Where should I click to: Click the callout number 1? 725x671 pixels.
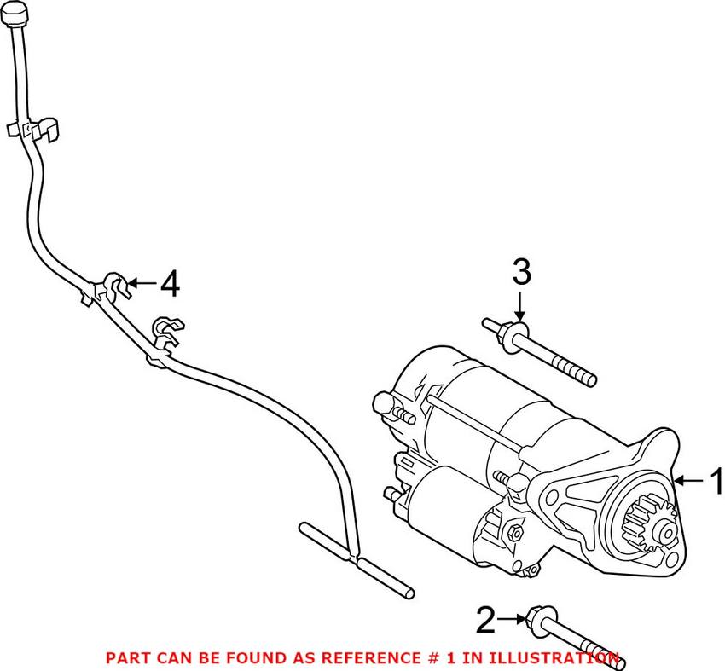coord(716,482)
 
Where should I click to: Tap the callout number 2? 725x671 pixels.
coord(484,620)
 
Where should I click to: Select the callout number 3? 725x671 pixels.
coord(521,274)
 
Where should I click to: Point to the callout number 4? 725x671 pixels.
coord(170,284)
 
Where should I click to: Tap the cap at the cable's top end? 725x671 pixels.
coord(14,13)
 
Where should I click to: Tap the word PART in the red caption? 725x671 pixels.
coord(127,657)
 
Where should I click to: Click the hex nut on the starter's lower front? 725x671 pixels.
coord(514,532)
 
